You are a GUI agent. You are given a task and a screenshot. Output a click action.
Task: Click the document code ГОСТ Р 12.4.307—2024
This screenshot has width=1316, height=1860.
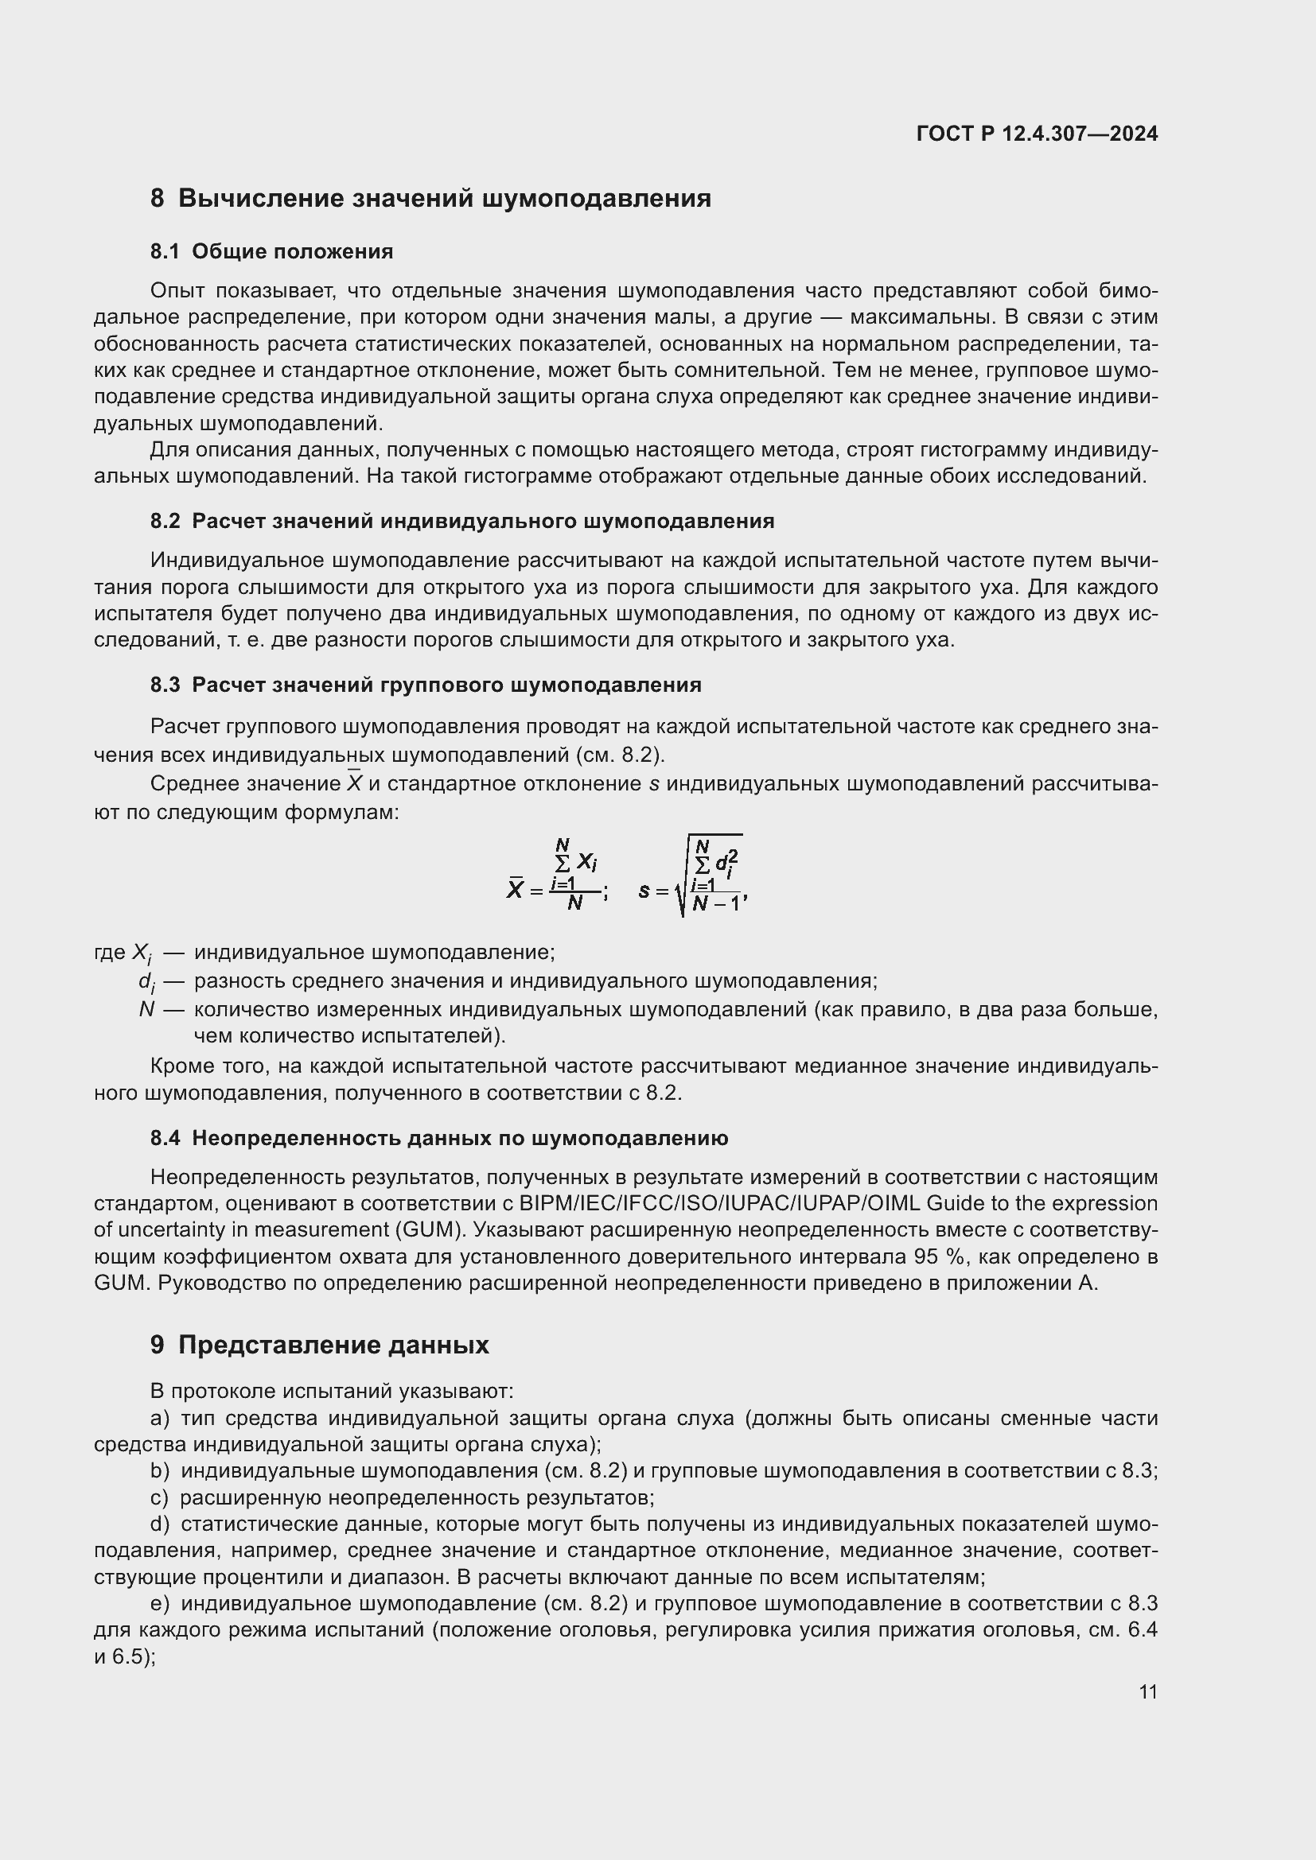coord(1037,134)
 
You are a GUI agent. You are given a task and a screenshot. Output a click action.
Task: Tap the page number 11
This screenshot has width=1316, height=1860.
coord(1147,1691)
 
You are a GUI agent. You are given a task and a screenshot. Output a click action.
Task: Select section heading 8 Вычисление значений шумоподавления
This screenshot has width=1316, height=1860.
coord(430,199)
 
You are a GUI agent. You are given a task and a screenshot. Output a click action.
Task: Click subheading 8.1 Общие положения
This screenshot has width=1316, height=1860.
coord(271,251)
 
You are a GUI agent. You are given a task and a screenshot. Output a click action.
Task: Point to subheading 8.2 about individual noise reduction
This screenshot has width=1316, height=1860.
coord(462,521)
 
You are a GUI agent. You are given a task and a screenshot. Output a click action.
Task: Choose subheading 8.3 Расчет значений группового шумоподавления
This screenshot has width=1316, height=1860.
coord(426,685)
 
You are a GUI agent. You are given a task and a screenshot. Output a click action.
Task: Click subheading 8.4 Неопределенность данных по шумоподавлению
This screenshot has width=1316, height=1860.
coord(438,1138)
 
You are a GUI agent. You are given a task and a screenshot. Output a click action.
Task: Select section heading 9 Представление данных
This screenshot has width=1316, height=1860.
coord(319,1345)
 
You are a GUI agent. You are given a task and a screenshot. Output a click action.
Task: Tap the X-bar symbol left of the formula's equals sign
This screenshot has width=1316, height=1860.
coord(515,889)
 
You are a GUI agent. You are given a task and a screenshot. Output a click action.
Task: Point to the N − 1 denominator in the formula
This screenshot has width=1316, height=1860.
coord(716,903)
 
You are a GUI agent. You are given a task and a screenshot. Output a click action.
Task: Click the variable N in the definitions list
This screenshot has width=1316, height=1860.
coord(146,1009)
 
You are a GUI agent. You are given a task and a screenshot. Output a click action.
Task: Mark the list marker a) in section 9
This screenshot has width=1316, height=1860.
coord(160,1419)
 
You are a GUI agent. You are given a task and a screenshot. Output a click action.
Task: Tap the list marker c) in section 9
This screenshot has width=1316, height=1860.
coord(159,1498)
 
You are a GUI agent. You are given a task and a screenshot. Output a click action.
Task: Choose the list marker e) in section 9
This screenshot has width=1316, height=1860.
coord(160,1603)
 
